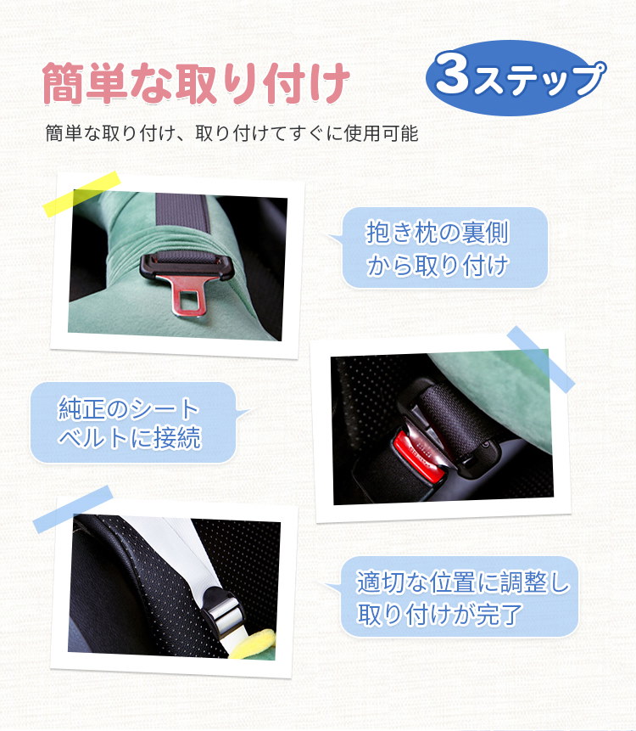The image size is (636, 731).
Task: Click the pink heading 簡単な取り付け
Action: coord(196,83)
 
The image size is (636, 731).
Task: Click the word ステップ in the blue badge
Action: coord(539,79)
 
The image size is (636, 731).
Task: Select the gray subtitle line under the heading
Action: coord(232,133)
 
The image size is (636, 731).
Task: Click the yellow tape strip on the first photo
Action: coord(82,193)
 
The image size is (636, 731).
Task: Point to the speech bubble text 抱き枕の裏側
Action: coord(437,232)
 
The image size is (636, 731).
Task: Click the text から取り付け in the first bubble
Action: coord(437,265)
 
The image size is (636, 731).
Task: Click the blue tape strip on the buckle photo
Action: coord(540,359)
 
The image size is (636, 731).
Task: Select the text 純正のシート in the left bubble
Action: coord(129,408)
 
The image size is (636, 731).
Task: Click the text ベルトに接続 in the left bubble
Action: coord(130,437)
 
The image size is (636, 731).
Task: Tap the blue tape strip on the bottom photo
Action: coord(73,509)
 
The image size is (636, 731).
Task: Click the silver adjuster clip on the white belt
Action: coord(225,611)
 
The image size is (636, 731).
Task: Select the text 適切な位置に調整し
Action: coord(462,582)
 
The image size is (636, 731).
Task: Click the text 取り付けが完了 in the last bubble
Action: coord(439,614)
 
